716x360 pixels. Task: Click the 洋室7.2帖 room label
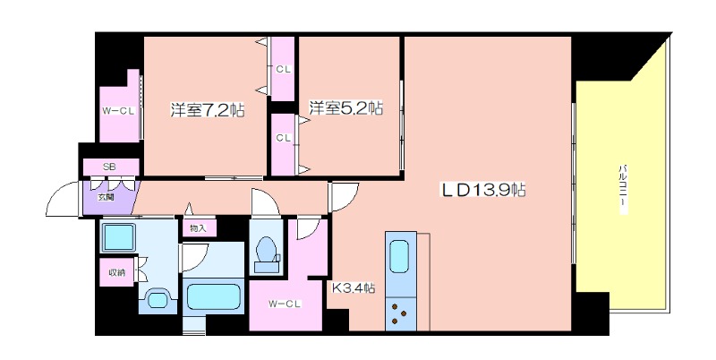(208, 110)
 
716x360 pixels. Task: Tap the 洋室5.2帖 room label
(345, 107)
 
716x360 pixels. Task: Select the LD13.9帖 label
(482, 189)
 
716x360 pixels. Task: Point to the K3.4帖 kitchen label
(354, 287)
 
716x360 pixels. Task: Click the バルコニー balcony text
(622, 190)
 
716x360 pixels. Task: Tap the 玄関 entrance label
(106, 198)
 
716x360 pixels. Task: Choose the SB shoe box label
(109, 167)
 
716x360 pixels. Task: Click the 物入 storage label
(198, 228)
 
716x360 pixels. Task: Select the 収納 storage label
(116, 273)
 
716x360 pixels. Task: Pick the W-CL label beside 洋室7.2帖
(118, 111)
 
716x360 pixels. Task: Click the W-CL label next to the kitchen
(285, 303)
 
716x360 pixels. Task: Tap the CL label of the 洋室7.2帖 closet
(283, 70)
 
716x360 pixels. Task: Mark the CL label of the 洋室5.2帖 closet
(283, 138)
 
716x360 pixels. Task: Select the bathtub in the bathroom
(214, 297)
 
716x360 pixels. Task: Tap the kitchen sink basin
(399, 257)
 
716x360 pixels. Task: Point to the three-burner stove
(400, 313)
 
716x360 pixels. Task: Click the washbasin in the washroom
(158, 300)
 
